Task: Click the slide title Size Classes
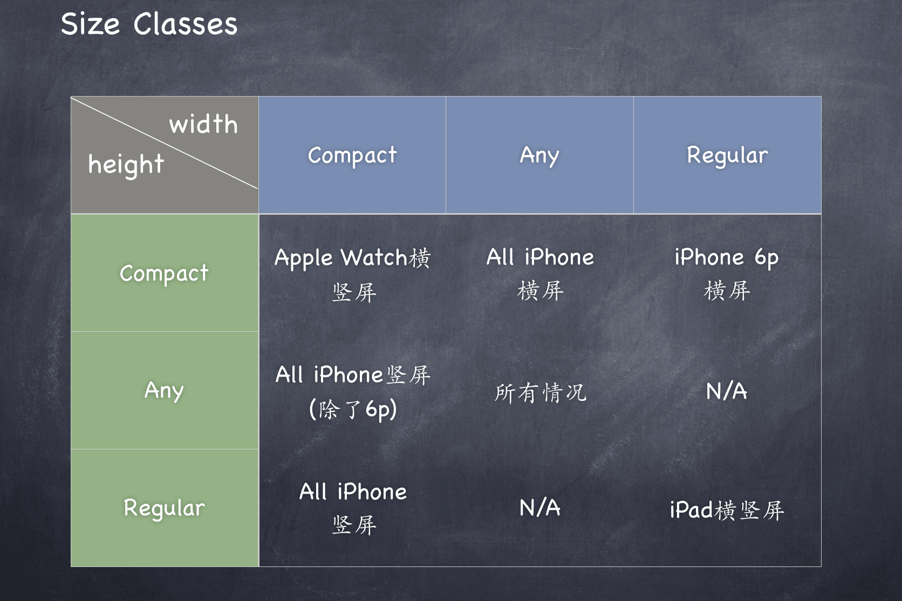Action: click(149, 24)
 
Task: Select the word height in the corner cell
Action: click(126, 165)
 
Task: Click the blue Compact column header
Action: click(352, 155)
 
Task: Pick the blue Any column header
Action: click(539, 155)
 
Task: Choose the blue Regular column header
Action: click(727, 155)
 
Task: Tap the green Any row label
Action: click(165, 391)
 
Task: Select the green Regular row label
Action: click(165, 508)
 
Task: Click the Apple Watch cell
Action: click(353, 274)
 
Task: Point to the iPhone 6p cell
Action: click(727, 274)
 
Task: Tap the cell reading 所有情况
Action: click(541, 393)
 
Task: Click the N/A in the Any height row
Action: click(727, 391)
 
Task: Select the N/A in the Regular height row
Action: click(540, 508)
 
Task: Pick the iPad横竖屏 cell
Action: click(727, 510)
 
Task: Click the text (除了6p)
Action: click(353, 409)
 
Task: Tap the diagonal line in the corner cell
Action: click(164, 142)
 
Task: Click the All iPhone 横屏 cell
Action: click(540, 274)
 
